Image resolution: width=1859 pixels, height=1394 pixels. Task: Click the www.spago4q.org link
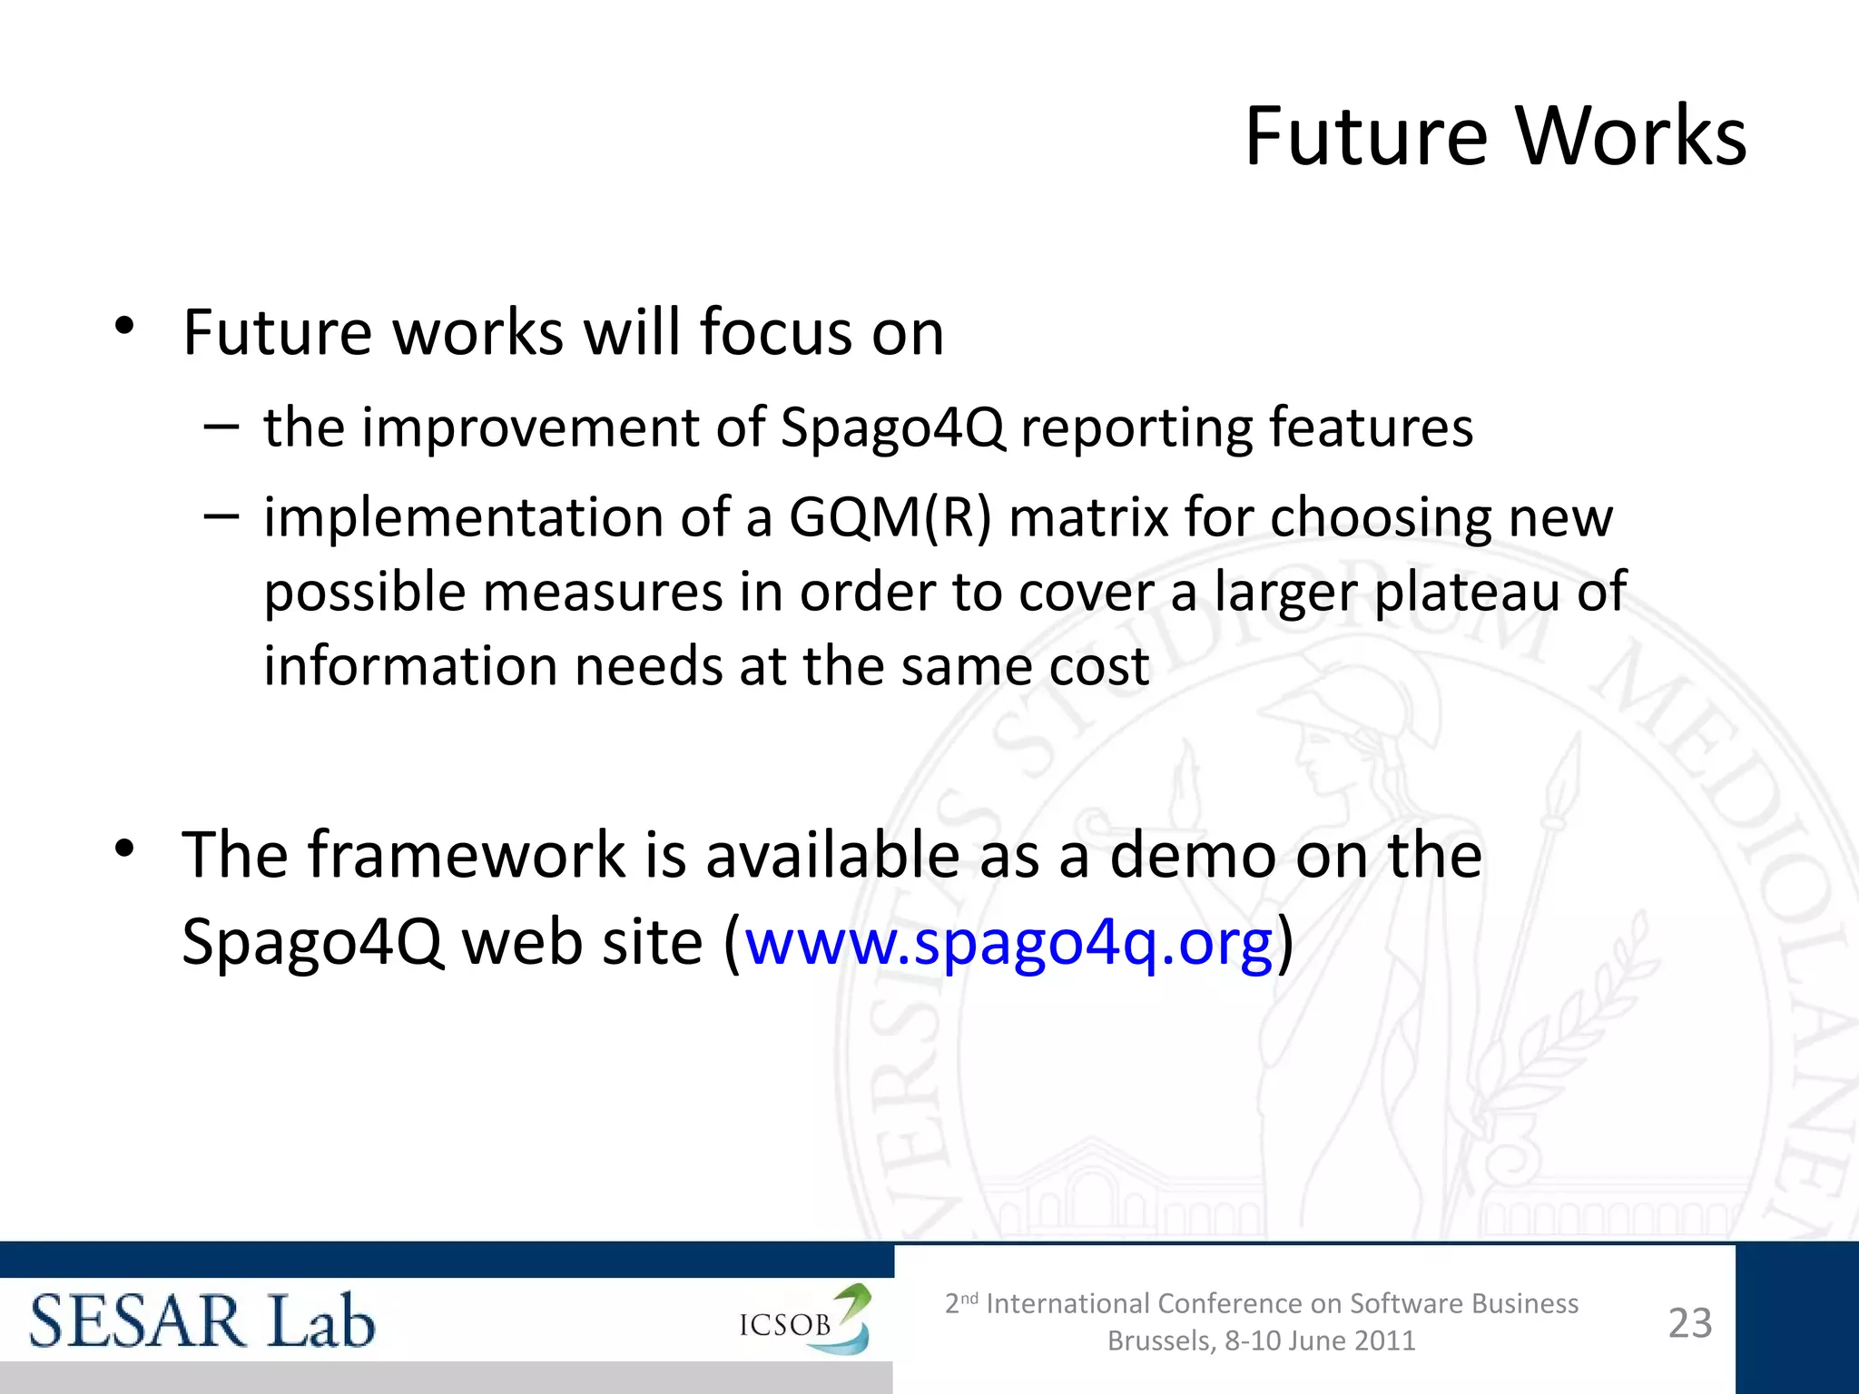click(1008, 942)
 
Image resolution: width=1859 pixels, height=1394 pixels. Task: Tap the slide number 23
click(1689, 1322)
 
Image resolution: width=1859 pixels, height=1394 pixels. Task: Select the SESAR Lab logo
click(202, 1320)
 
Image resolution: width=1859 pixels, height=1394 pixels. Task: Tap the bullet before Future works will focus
click(125, 326)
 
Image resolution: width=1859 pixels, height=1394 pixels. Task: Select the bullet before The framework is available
click(125, 849)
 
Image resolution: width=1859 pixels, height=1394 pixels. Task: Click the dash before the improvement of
click(221, 426)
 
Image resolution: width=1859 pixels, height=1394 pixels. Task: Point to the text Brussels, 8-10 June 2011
click(1261, 1341)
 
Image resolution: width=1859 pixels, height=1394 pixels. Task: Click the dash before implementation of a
click(221, 515)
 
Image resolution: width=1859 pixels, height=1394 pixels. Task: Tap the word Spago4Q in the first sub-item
click(893, 427)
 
